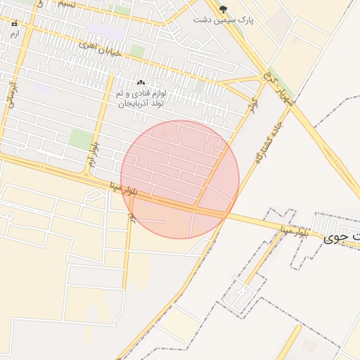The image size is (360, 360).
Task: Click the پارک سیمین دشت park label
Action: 224,20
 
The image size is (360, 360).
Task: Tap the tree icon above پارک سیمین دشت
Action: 224,9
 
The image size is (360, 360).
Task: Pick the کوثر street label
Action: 252,106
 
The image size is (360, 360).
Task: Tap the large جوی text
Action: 342,238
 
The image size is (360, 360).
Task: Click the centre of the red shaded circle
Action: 180,179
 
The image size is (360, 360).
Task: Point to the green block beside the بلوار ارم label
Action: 81,139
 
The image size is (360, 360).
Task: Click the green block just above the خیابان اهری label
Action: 137,51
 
